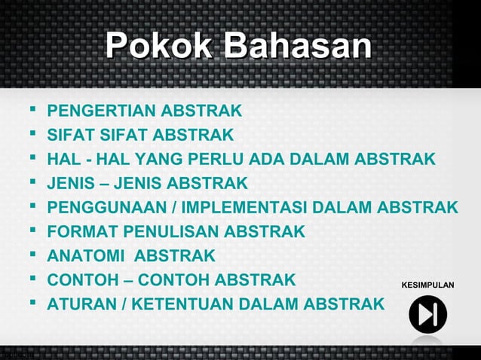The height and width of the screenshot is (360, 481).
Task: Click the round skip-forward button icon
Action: (x=427, y=316)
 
